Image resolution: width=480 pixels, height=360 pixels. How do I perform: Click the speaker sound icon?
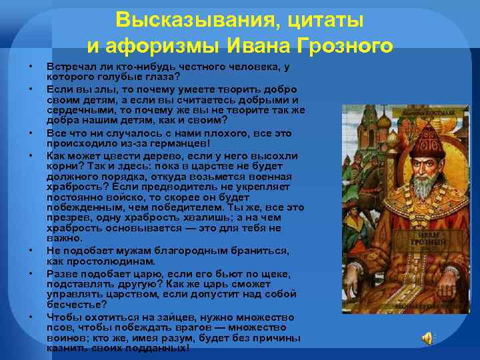point(426,339)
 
